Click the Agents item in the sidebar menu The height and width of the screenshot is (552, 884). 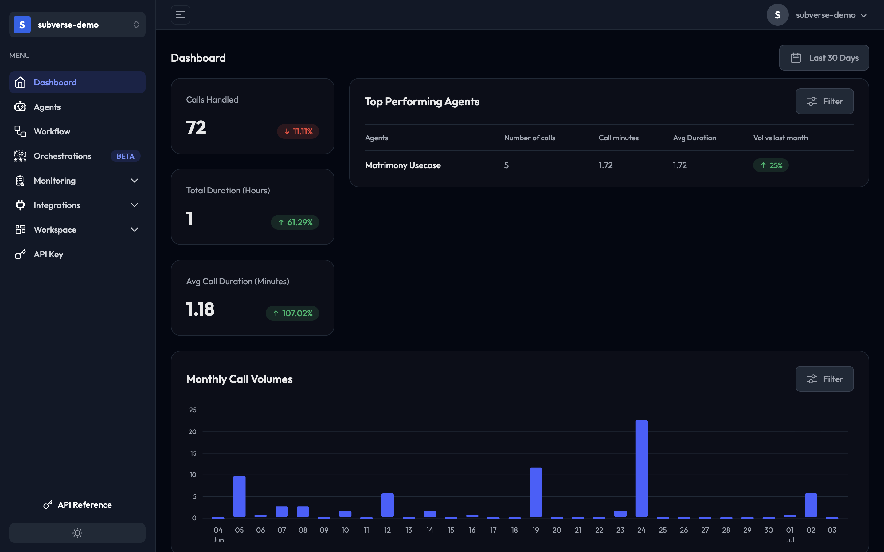pos(47,107)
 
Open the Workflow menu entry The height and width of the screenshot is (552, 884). pos(52,131)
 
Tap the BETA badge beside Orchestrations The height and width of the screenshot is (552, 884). pos(125,156)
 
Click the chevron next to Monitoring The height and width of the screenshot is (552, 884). pos(134,181)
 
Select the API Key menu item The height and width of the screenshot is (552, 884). pos(49,255)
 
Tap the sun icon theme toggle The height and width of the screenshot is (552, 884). pos(77,533)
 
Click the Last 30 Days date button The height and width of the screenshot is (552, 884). pos(824,58)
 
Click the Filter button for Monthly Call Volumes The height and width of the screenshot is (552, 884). pos(824,379)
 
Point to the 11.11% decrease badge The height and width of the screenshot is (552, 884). pos(298,131)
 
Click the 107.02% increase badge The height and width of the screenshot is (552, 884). pos(292,313)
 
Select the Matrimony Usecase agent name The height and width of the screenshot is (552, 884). pos(403,165)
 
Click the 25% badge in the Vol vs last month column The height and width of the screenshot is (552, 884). pos(770,165)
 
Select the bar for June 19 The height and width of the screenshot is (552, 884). pos(535,492)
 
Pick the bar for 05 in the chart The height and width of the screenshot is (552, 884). pos(239,496)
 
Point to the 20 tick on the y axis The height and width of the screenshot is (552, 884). pos(192,432)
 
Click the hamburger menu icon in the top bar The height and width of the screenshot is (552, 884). pos(180,15)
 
